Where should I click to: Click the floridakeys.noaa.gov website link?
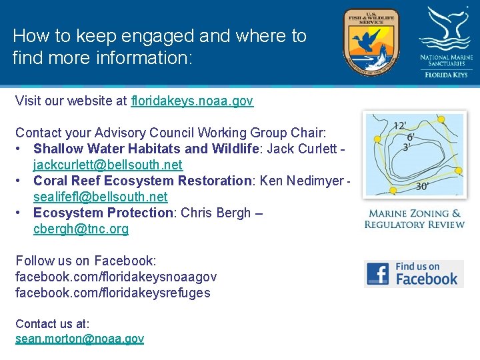coord(192,101)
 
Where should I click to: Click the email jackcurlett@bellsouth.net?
coord(108,165)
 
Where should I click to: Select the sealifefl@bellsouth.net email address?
coord(101,197)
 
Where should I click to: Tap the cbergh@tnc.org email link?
coord(81,229)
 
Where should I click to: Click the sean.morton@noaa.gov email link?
coord(79,339)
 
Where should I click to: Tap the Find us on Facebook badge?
coord(413,273)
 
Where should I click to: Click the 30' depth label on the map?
coord(422,187)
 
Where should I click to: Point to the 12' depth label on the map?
coord(401,125)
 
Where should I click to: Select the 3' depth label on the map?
coord(406,147)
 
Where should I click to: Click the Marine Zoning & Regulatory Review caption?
coord(414,219)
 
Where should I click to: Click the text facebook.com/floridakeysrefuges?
coord(113,293)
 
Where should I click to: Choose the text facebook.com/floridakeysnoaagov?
coord(116,277)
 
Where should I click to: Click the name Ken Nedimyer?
coord(301,181)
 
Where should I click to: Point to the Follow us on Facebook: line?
coord(85,261)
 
